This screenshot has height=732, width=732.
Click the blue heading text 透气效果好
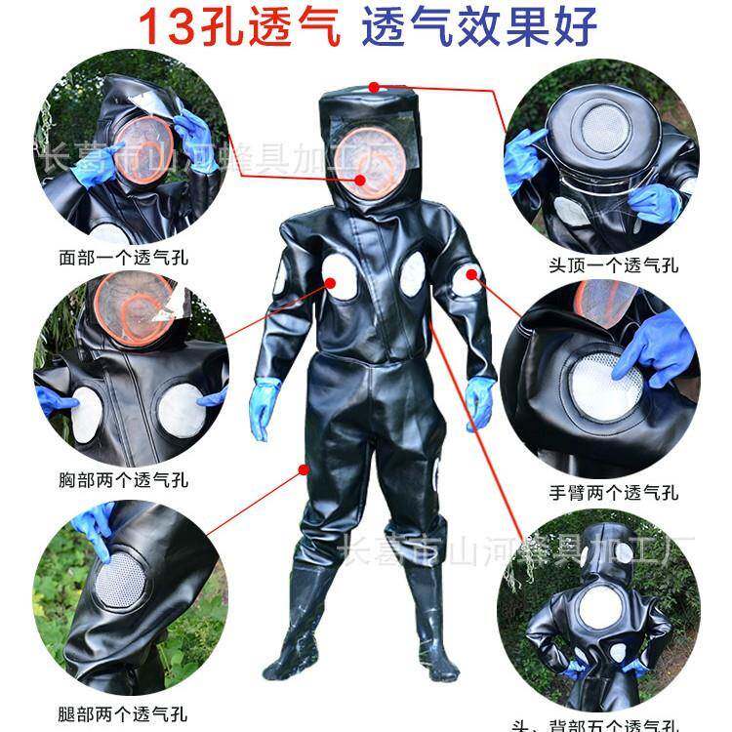point(478,27)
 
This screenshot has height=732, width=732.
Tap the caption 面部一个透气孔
point(123,260)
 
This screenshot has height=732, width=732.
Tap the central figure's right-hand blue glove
point(478,401)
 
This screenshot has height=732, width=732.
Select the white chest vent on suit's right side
point(413,273)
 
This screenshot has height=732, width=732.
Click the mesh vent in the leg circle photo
point(122,581)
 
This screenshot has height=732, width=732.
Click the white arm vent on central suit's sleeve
point(467,281)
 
